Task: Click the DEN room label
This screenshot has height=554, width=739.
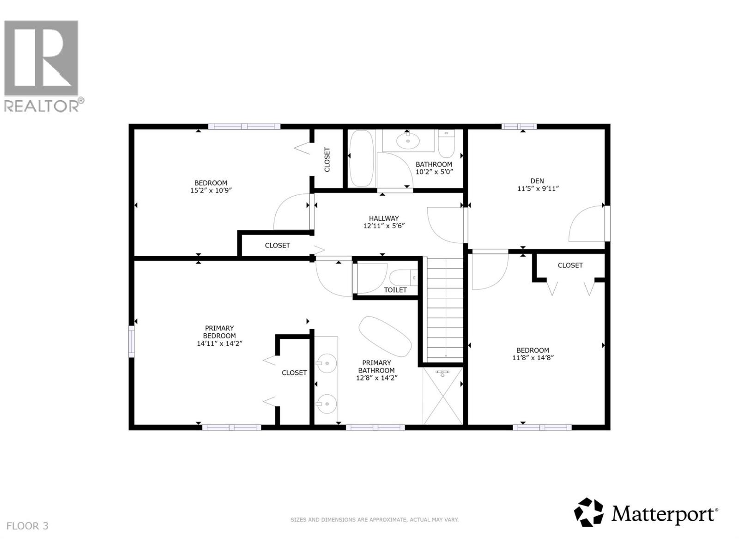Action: [537, 181]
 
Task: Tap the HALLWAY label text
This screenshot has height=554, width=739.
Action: [384, 218]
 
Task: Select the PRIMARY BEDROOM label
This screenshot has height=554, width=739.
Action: [219, 332]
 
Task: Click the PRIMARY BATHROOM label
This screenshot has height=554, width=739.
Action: [376, 367]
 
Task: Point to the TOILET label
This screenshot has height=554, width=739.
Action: [395, 290]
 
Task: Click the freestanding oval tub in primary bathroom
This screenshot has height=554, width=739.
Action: [385, 336]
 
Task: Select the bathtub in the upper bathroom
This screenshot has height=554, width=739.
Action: [361, 158]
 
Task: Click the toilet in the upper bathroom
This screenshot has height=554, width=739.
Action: [446, 145]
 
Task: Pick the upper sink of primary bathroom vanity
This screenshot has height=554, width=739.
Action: [327, 363]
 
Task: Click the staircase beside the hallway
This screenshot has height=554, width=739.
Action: [444, 309]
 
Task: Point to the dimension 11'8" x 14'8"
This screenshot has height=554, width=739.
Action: [533, 357]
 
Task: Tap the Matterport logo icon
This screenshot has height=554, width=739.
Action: [588, 512]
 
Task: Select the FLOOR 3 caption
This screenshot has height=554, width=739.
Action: [28, 526]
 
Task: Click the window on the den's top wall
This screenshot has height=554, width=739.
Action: [519, 126]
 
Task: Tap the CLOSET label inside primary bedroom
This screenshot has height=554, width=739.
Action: [294, 373]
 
